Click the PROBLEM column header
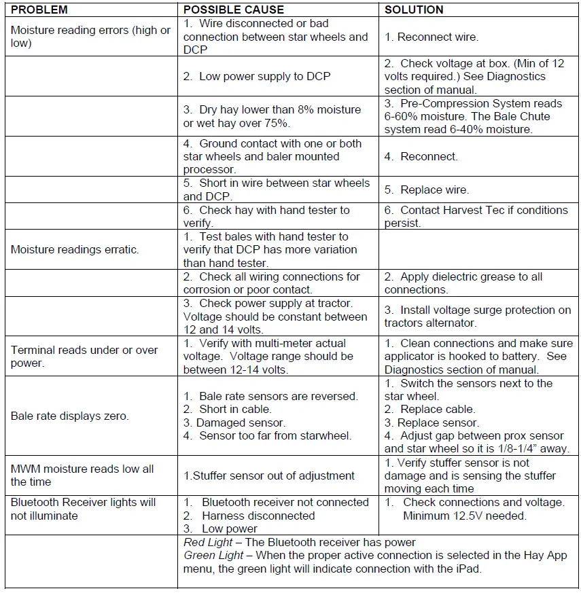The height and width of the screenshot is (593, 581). point(39,10)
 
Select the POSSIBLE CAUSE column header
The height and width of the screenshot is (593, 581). point(234,10)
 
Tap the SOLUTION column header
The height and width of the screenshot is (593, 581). point(414,10)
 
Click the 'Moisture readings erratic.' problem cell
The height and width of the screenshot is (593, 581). point(75,249)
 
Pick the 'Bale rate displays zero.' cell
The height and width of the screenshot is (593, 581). point(69,416)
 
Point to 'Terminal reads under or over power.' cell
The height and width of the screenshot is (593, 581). point(84,357)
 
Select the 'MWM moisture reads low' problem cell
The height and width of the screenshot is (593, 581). point(82,475)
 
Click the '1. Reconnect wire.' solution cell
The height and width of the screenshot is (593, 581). point(431,37)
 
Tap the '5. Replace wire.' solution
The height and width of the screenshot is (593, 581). point(426,190)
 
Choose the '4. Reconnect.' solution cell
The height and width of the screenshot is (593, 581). point(421,156)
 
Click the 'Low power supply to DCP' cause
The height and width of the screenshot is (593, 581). point(257,76)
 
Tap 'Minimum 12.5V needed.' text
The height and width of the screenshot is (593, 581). point(465,516)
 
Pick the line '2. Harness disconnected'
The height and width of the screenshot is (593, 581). point(249,516)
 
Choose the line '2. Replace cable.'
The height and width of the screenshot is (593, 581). point(429,409)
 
